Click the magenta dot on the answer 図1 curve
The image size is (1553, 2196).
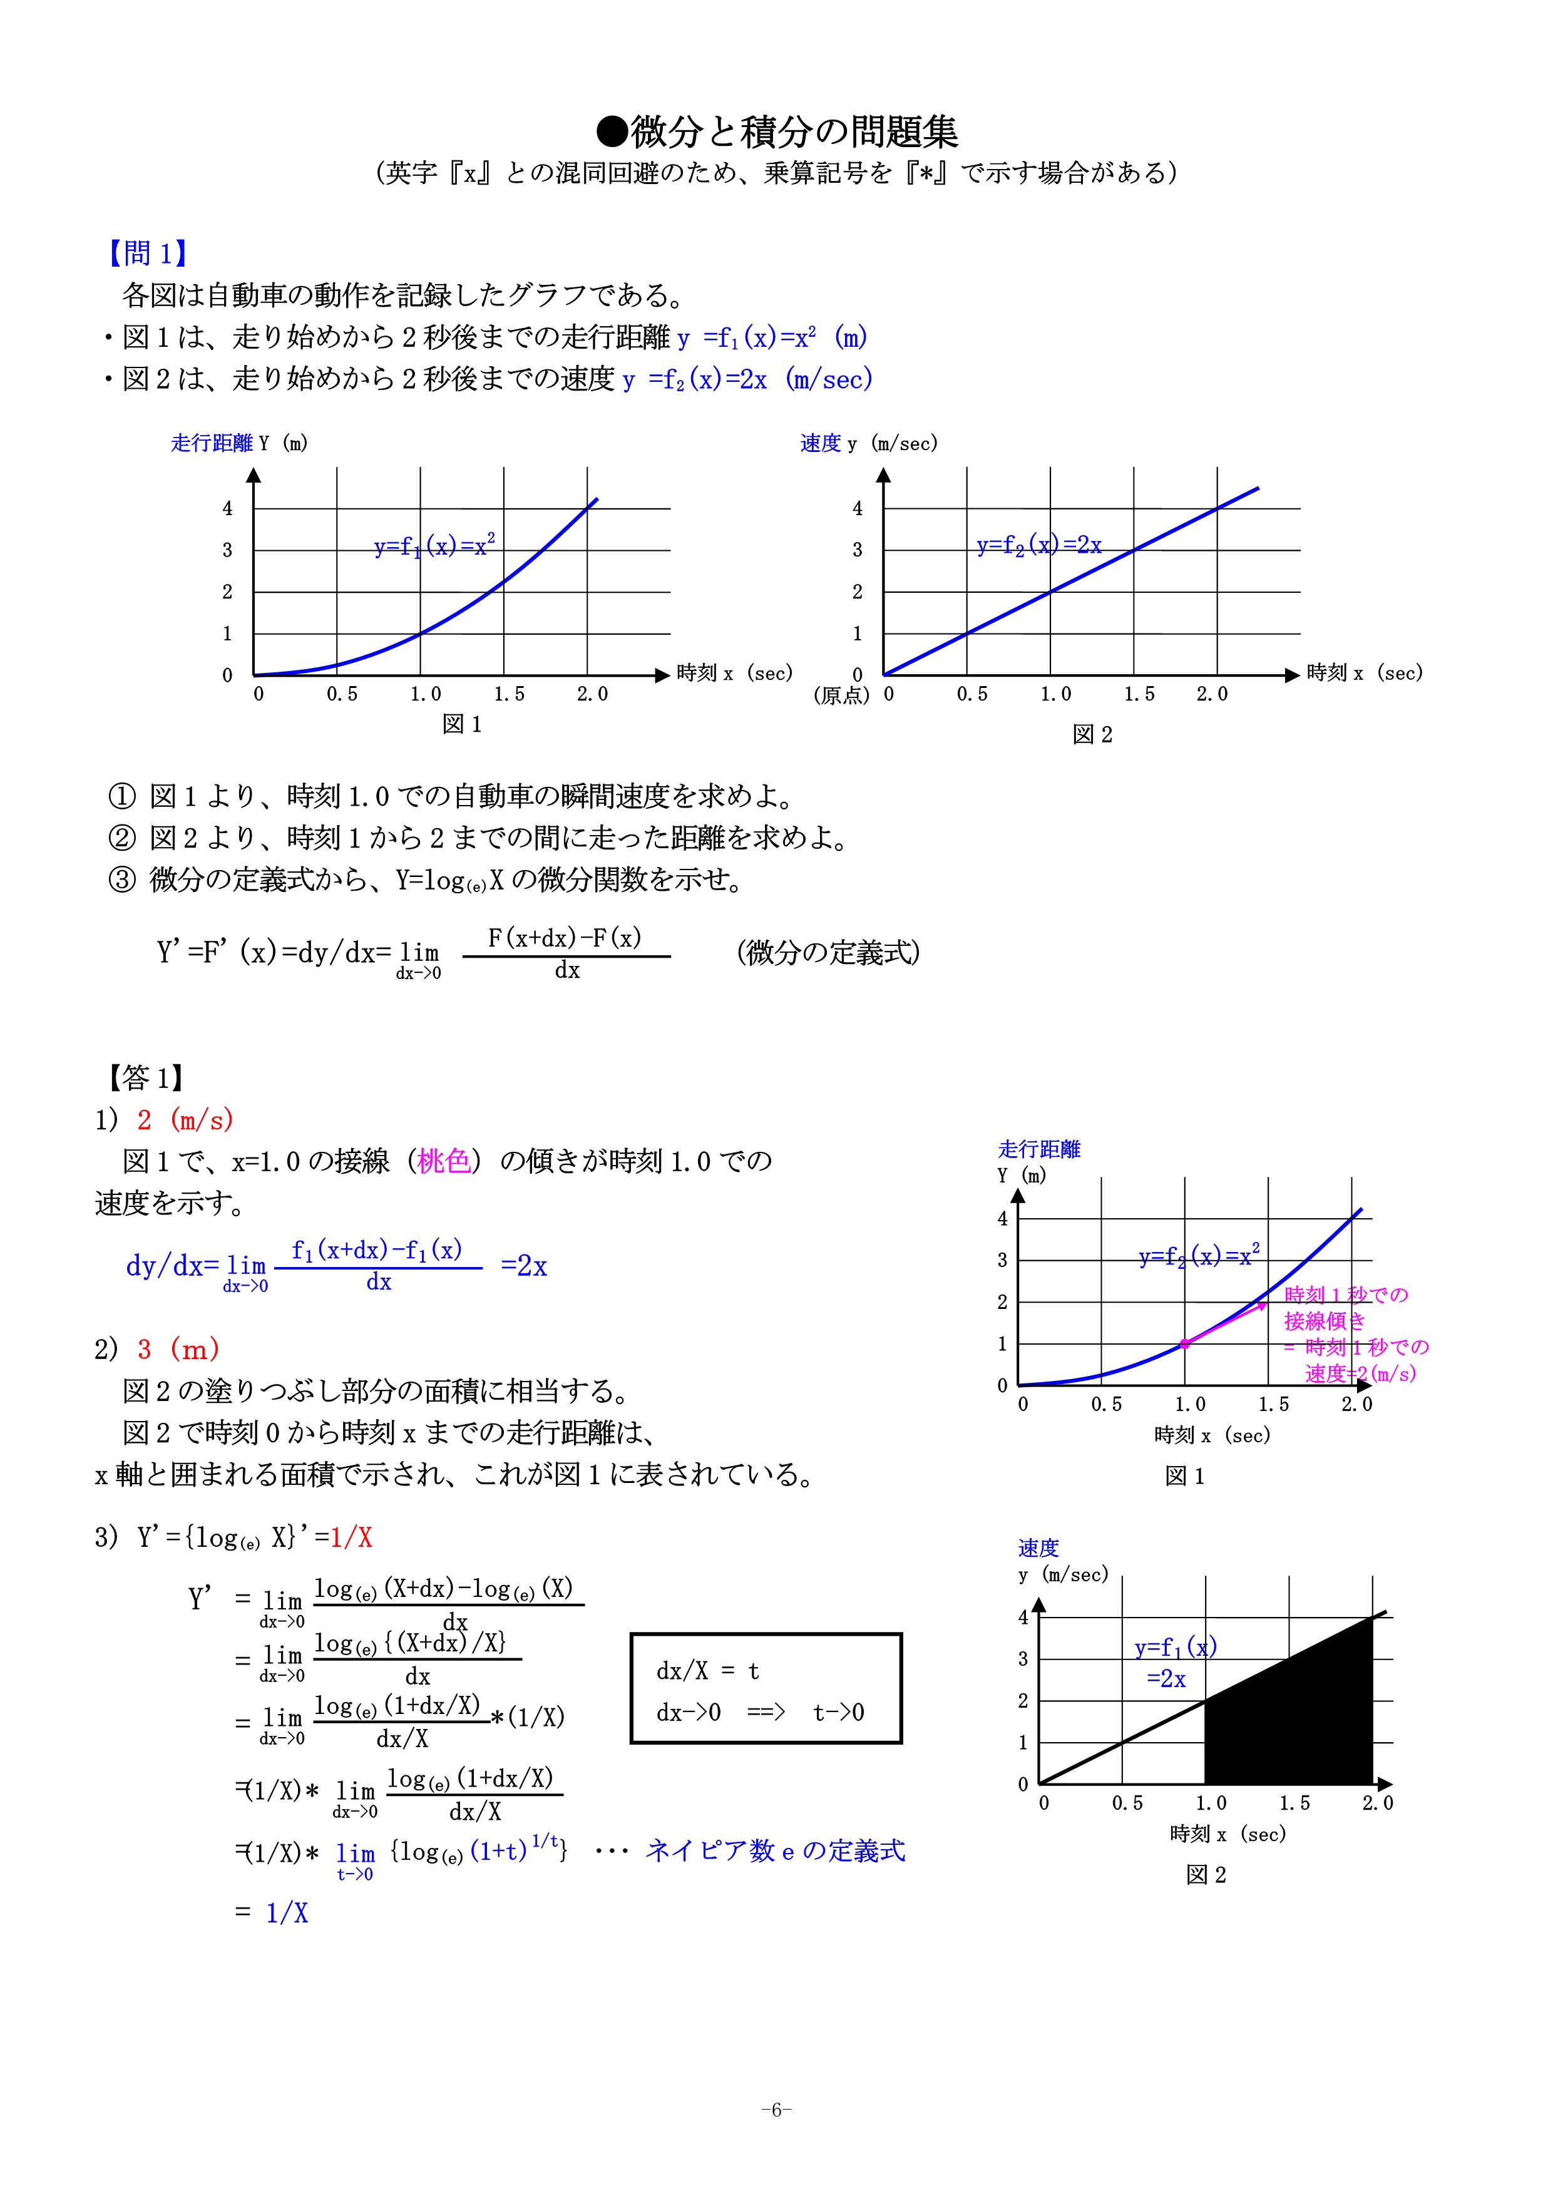[x=1185, y=1344]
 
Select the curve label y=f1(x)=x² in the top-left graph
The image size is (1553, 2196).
[x=434, y=546]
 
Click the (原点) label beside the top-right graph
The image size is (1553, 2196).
[x=841, y=695]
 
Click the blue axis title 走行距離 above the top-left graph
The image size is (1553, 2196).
[x=212, y=443]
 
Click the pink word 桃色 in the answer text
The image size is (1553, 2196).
[x=444, y=1161]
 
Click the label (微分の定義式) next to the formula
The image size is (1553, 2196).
[x=828, y=953]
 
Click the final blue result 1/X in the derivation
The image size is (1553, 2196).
[x=287, y=1913]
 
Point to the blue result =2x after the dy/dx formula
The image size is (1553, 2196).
[x=524, y=1266]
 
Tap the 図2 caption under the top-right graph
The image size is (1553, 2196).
[x=1092, y=734]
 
